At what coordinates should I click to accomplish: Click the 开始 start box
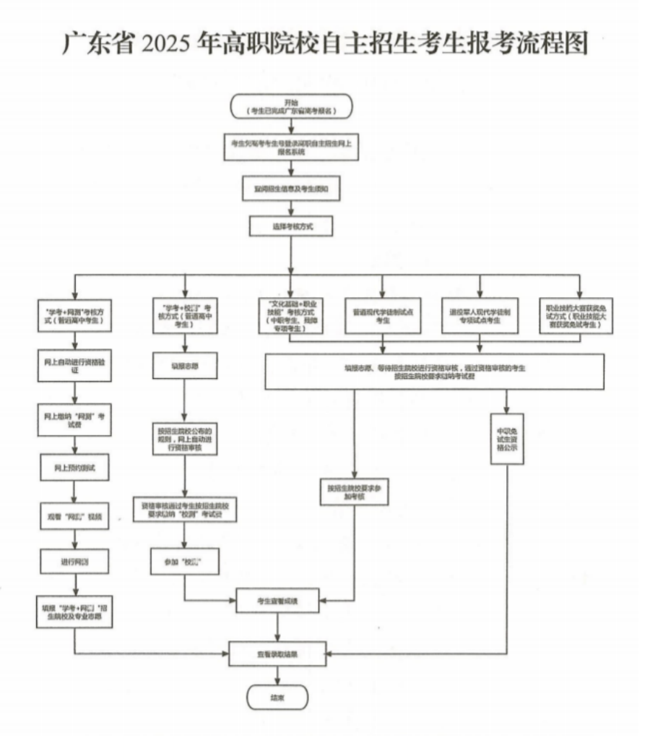[x=290, y=106]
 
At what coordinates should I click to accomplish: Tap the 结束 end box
[x=277, y=697]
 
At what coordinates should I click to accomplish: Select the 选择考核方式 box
[x=290, y=226]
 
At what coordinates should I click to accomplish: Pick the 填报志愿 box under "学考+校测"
[x=185, y=366]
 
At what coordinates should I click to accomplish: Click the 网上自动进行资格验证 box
[x=75, y=361]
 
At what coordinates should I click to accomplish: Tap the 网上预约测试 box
[x=75, y=468]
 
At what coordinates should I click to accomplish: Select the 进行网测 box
[x=75, y=560]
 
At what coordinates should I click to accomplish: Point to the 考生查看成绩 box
[x=277, y=601]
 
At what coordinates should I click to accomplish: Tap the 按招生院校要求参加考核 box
[x=354, y=493]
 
